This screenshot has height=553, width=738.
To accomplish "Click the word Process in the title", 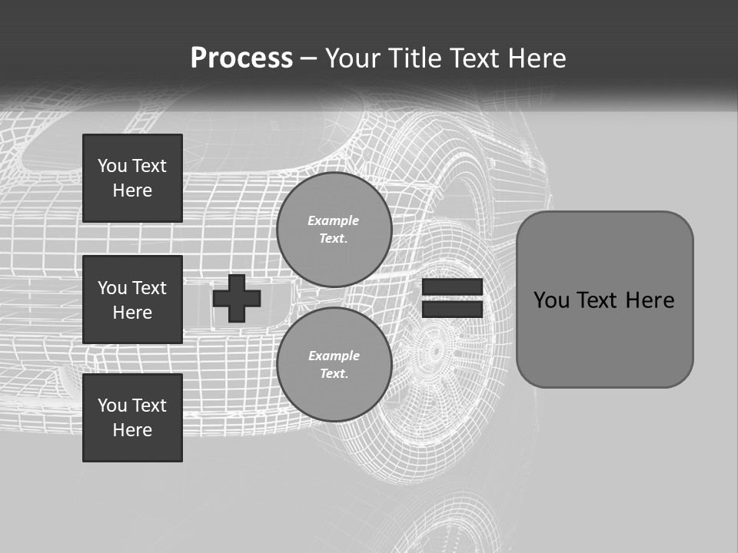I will point(241,58).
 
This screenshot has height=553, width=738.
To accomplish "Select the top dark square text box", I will point(132,178).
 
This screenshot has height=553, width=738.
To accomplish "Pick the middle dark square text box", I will point(132,300).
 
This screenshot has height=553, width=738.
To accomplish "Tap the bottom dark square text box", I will point(132,418).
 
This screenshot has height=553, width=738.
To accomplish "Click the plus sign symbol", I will point(237,298).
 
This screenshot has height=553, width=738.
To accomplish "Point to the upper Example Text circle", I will point(334,229).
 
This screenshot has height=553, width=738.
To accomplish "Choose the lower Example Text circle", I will point(334,364).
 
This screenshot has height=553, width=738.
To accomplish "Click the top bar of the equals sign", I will point(452,286).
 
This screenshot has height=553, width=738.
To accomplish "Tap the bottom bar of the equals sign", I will point(452,309).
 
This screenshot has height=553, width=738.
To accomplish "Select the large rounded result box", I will point(604,300).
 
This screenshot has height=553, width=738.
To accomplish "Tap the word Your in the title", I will point(353,58).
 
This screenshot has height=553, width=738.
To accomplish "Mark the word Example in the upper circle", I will point(334,220).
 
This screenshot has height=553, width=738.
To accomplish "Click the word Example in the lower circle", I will point(334,356).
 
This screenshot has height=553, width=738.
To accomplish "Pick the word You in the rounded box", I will point(552,300).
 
